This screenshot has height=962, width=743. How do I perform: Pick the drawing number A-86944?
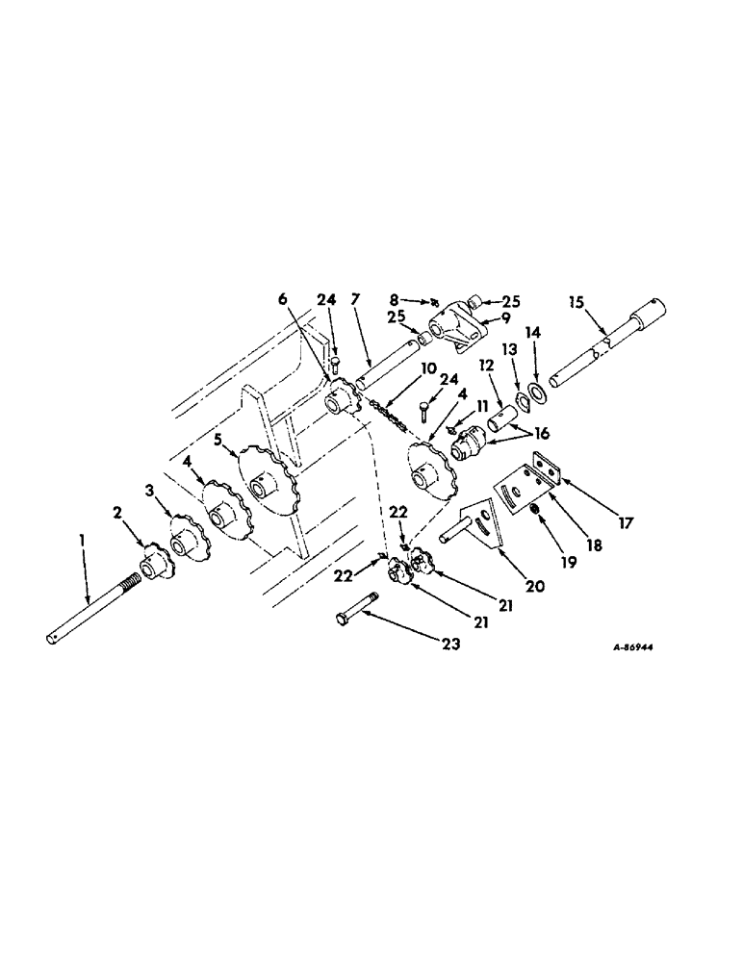click(x=632, y=646)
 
